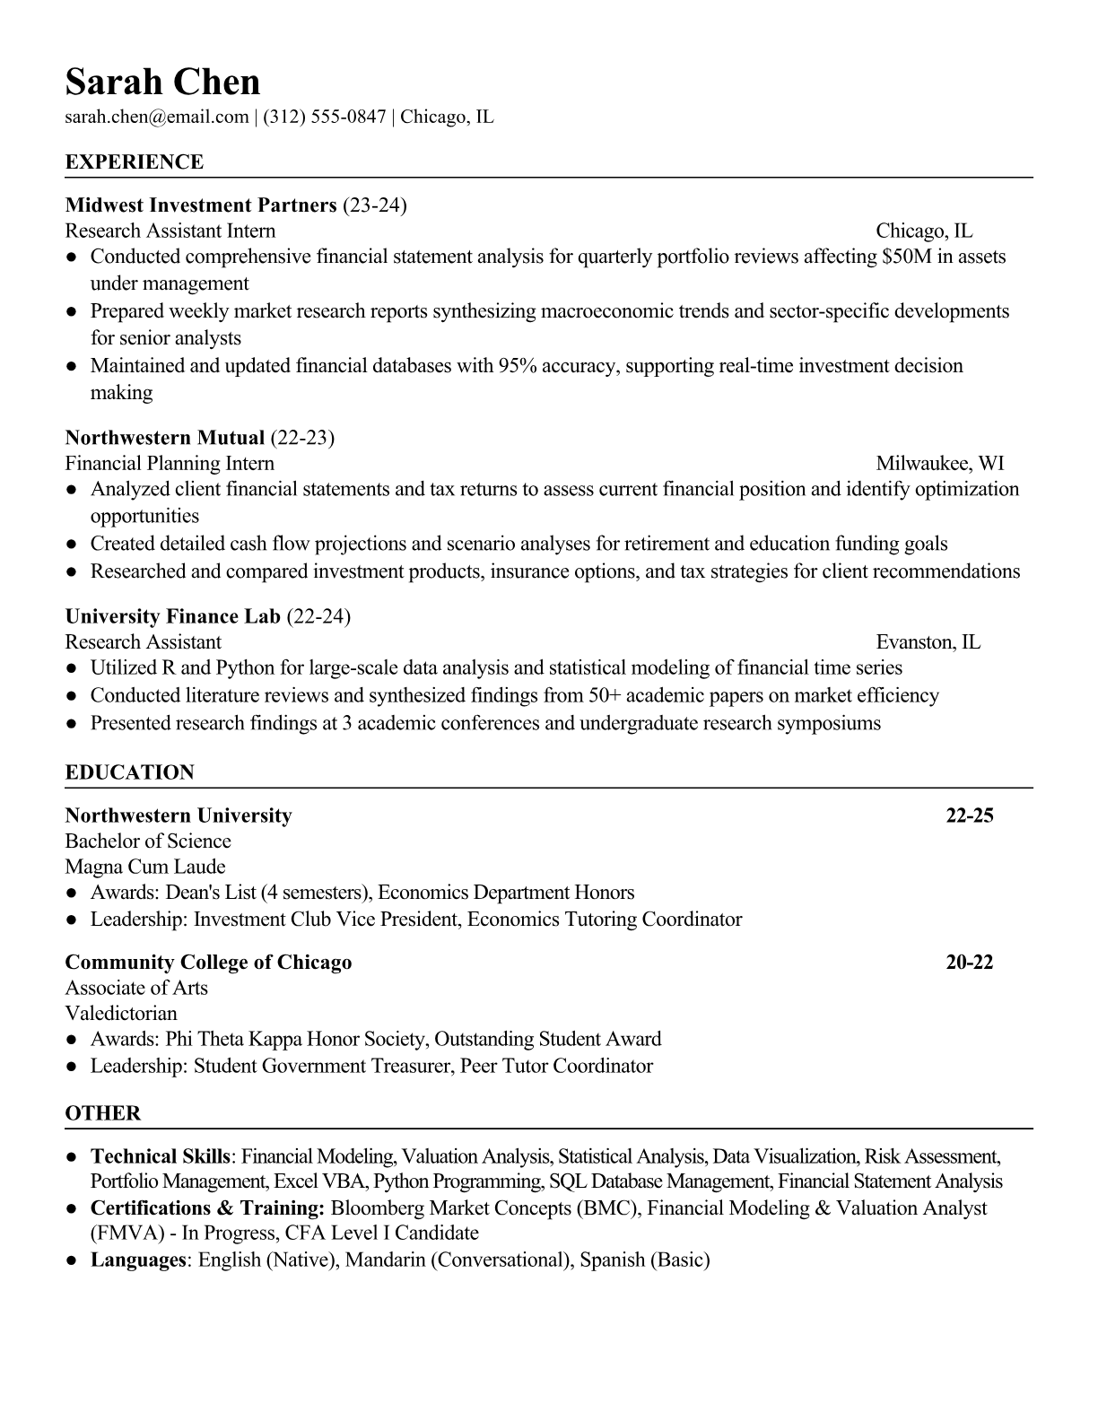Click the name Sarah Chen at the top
tap(162, 83)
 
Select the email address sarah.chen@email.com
tap(157, 117)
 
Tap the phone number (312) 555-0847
tap(324, 117)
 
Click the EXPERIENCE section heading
tap(135, 162)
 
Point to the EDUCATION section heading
tap(130, 772)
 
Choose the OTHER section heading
tap(103, 1113)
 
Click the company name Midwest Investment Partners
tap(201, 205)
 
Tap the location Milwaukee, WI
tap(939, 463)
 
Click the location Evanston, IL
tap(928, 641)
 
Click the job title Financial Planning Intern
tap(170, 463)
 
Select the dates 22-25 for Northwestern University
tap(970, 815)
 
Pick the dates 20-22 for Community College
tap(970, 963)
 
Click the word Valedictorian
tap(121, 1014)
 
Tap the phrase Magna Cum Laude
tap(145, 867)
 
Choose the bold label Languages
tap(137, 1260)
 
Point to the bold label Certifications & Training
tap(207, 1207)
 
